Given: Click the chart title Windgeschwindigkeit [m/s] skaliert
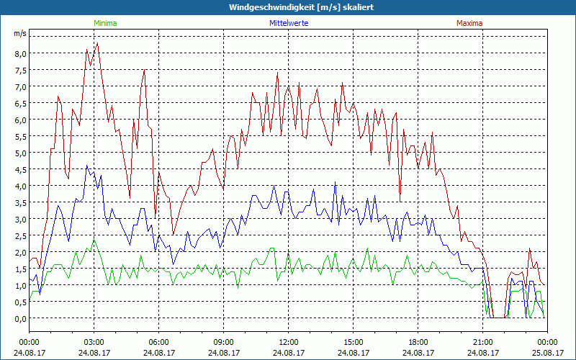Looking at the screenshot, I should [x=288, y=7].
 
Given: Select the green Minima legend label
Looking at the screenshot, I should [x=105, y=23].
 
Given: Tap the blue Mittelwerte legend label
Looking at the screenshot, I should [x=288, y=23].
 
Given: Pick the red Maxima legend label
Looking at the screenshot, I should [x=469, y=23].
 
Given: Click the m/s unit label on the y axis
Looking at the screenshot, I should [x=19, y=34].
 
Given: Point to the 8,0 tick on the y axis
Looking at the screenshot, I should [x=19, y=53].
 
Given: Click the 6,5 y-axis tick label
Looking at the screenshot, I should [x=19, y=103].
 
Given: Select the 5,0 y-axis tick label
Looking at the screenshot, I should [x=19, y=153].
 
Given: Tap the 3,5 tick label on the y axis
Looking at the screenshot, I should [x=19, y=202].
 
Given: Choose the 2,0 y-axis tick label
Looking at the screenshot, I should [x=19, y=252].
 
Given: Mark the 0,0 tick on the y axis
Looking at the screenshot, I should [x=19, y=318].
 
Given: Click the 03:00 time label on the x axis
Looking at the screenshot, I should [x=94, y=342].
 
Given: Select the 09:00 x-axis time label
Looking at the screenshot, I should [x=223, y=342].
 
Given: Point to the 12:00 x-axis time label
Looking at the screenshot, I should [x=288, y=342].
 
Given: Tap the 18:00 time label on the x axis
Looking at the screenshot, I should [x=418, y=342].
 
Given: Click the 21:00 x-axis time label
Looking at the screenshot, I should [x=482, y=342].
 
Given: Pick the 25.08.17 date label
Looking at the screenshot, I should [x=547, y=353].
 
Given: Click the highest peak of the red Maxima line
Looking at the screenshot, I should [x=97, y=43].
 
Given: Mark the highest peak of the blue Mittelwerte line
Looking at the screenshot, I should [x=87, y=166].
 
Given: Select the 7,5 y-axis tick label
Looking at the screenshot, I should [x=19, y=70].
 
